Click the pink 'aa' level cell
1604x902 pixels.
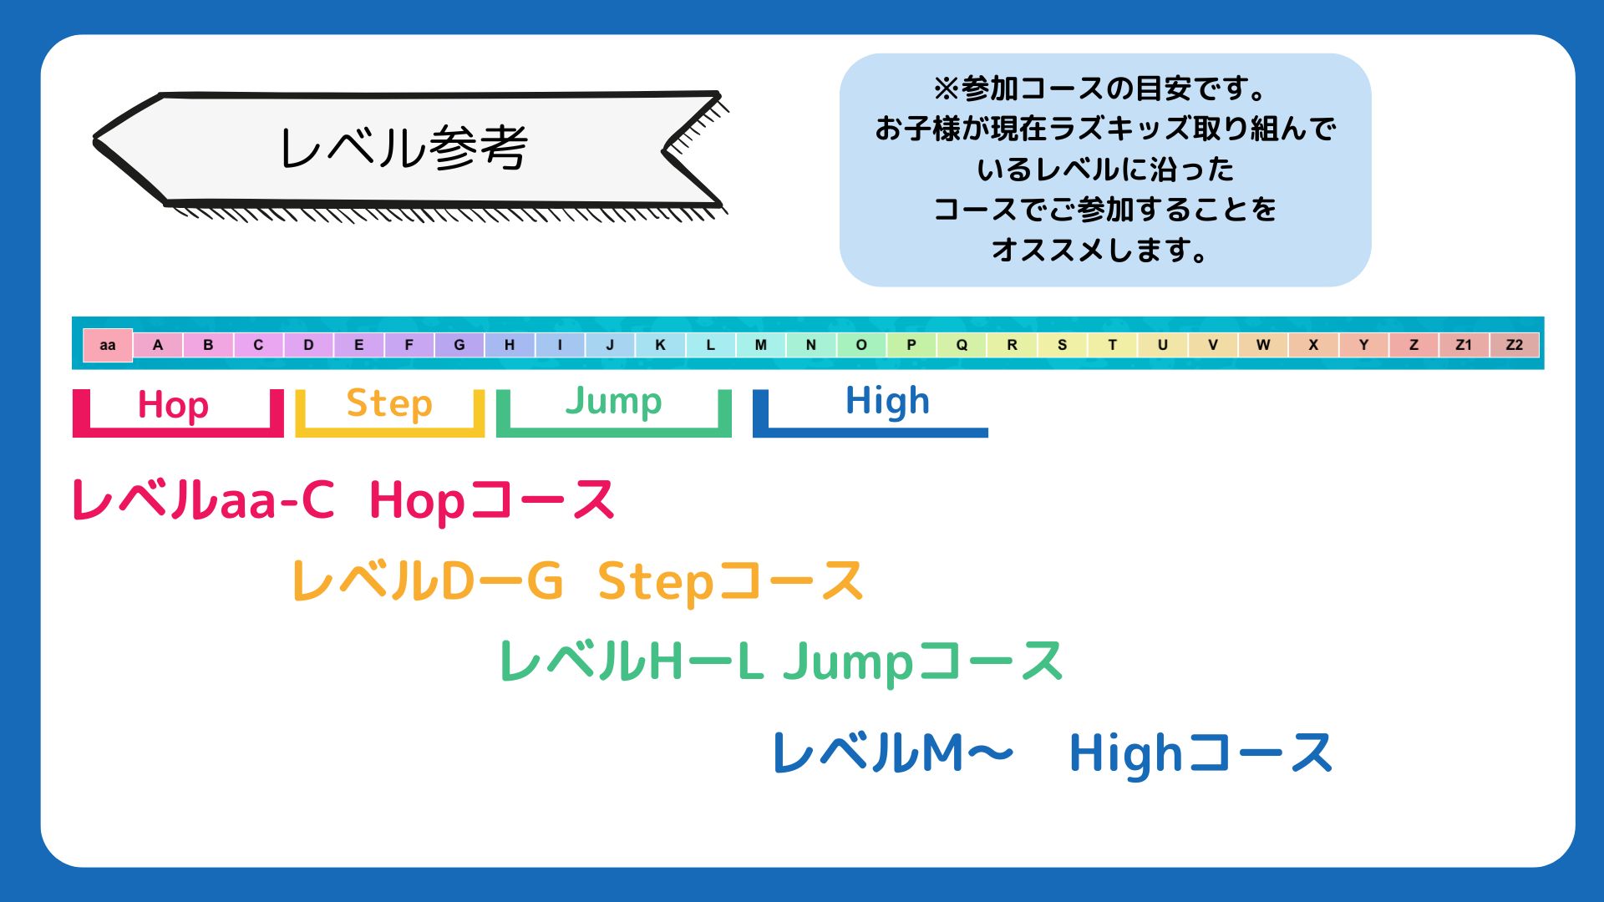[x=108, y=345]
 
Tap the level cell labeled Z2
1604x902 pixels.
[x=1514, y=345]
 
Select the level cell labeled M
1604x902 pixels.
[x=760, y=345]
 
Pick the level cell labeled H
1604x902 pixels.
[x=510, y=345]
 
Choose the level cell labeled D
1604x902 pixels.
[x=308, y=345]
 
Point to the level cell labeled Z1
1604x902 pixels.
[x=1464, y=345]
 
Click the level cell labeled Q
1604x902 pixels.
[x=962, y=345]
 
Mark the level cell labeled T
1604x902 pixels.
[x=1112, y=345]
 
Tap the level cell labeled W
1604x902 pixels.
[x=1263, y=345]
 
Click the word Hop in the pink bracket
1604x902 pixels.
[x=173, y=406]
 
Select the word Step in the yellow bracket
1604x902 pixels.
[x=389, y=403]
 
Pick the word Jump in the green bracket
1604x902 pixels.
[x=614, y=402]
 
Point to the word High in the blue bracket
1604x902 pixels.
[x=887, y=402]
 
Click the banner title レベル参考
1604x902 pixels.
[x=404, y=148]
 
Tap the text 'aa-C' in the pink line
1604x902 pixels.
[x=277, y=500]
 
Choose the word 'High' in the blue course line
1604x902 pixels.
[x=1126, y=753]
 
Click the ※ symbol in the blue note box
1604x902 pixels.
[x=947, y=88]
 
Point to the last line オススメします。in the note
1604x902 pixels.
[x=1101, y=249]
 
